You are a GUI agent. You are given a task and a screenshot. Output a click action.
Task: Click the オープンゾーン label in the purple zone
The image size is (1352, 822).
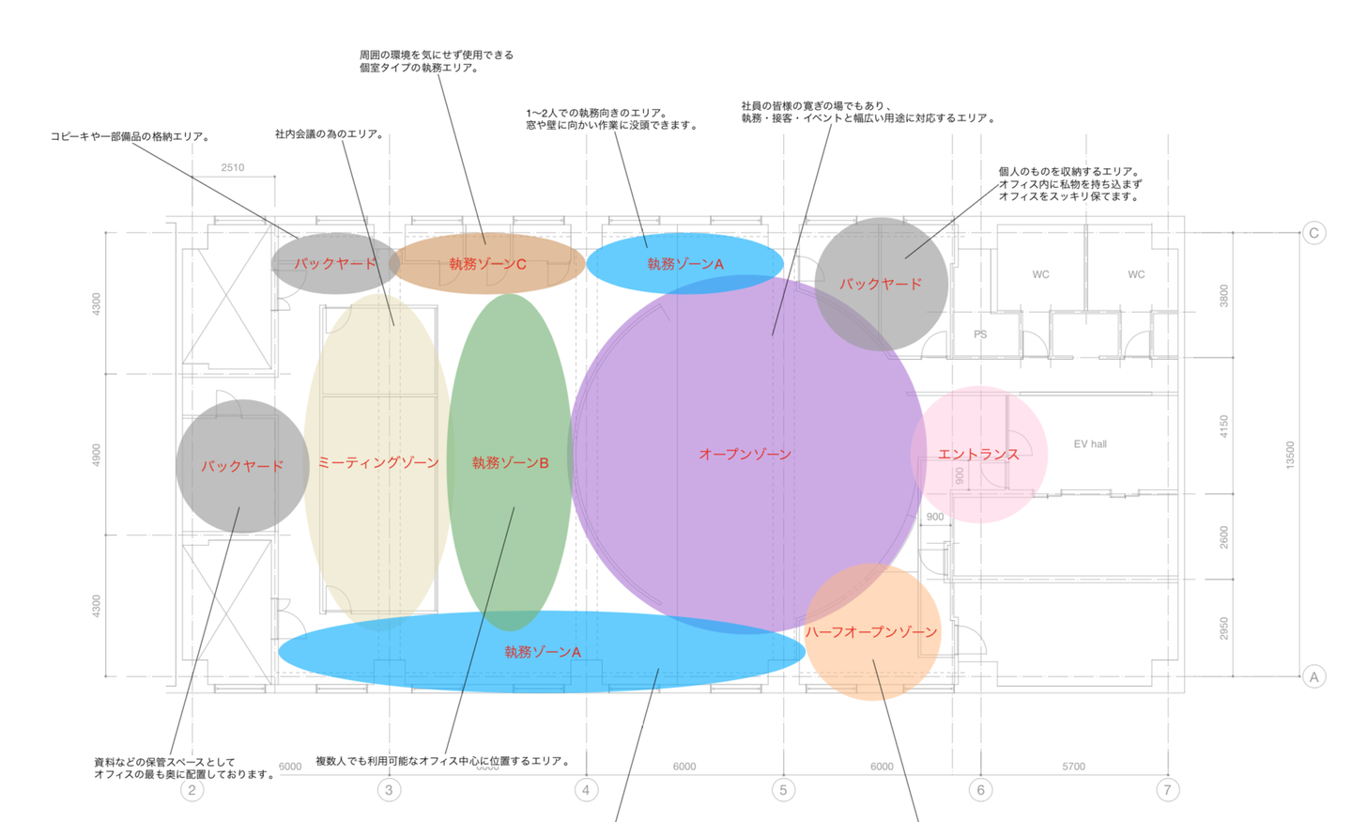point(745,454)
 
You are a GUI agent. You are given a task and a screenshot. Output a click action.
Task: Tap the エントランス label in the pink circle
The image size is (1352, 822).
point(978,454)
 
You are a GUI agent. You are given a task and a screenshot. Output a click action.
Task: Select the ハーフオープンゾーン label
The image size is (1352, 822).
point(871,632)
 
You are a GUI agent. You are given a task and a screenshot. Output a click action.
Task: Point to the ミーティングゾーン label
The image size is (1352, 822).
point(378,462)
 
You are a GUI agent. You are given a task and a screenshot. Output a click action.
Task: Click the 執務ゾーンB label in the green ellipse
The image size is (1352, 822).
point(510,462)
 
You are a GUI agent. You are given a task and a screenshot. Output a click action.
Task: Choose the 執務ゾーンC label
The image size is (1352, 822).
point(487,264)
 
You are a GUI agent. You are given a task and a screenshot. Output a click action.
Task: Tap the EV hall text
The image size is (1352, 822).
point(1090,444)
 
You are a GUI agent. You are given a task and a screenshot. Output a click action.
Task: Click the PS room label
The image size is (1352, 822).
point(980,334)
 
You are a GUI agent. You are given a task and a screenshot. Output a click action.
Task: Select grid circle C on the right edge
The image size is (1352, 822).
point(1314,233)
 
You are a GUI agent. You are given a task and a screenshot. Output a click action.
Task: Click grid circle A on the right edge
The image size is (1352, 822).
point(1314,676)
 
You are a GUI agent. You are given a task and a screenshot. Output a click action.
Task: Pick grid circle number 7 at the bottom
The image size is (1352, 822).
point(1167,789)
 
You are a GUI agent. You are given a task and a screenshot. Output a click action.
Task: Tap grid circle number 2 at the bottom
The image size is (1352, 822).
point(192,789)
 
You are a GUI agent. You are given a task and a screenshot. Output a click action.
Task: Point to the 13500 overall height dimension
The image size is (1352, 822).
point(1290,455)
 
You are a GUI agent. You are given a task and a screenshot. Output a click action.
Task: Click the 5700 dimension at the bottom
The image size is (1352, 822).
point(1073,767)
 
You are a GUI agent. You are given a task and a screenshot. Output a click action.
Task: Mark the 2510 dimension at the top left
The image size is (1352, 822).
point(233,168)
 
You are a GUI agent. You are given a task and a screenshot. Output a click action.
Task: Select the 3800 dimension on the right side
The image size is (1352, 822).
point(1223,296)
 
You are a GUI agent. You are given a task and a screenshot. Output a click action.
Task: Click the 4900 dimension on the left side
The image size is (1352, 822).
point(96,455)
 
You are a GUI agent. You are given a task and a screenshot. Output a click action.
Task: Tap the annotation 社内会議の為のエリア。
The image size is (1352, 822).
point(330,134)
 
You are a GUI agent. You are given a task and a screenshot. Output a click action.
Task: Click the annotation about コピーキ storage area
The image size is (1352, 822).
point(130,136)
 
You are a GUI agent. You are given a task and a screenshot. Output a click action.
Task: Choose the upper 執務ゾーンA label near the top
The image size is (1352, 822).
point(685,264)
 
